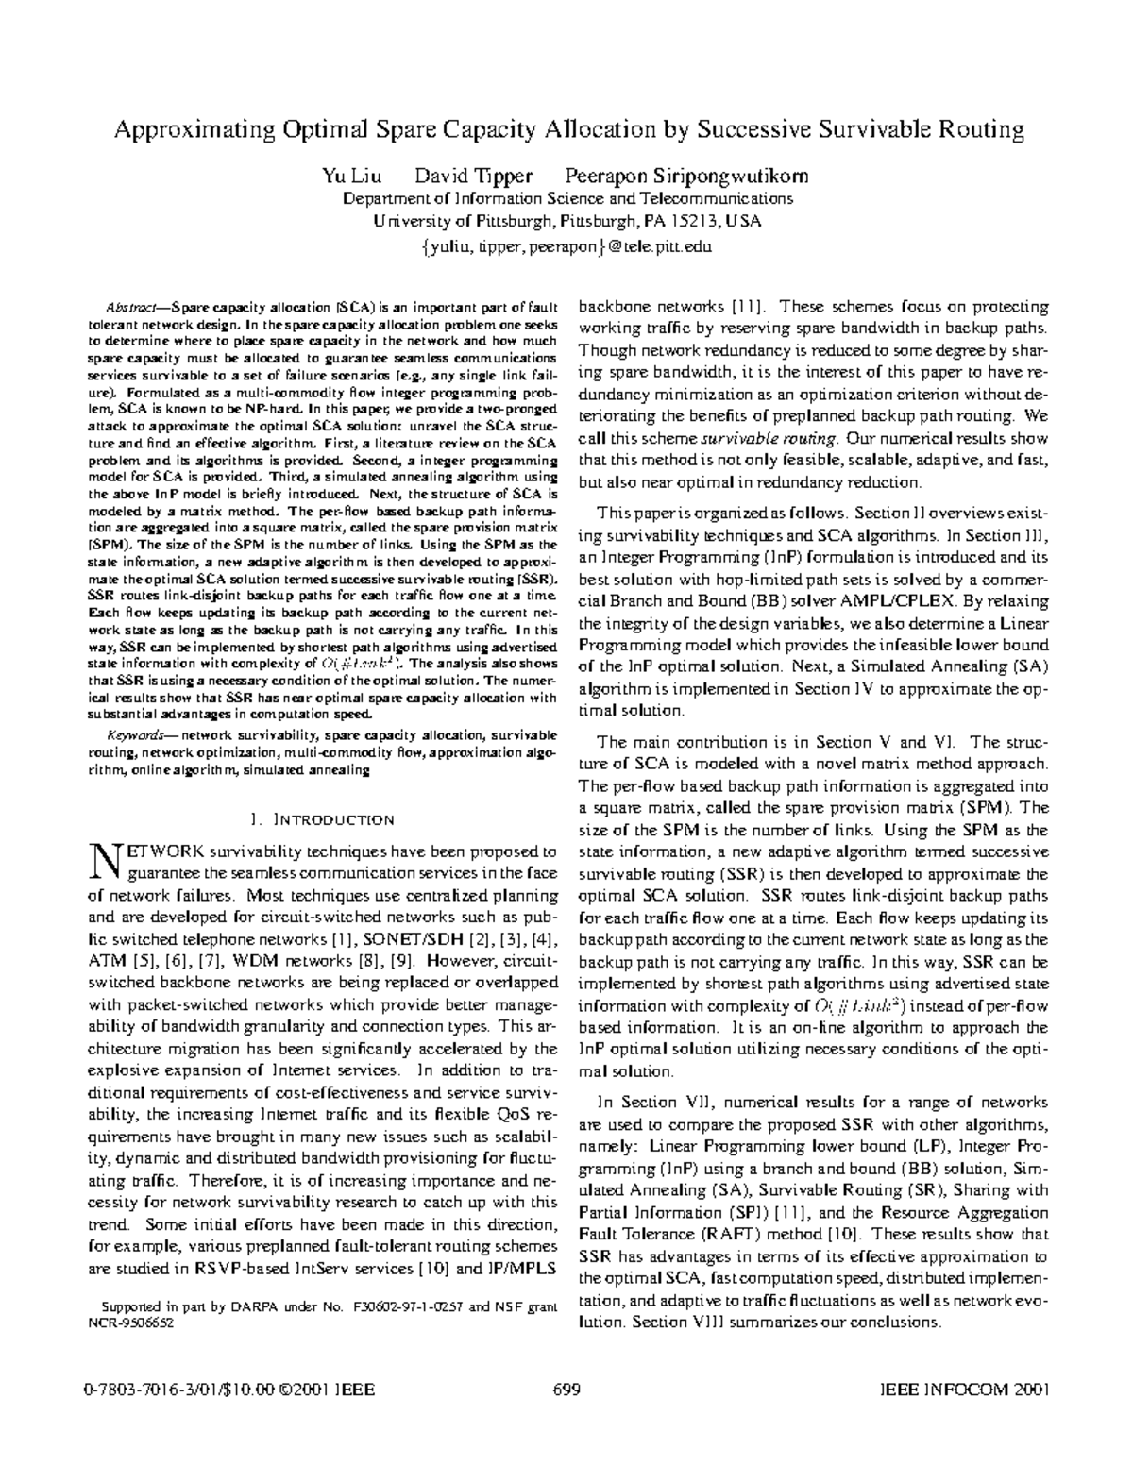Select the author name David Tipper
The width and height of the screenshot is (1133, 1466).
click(x=475, y=176)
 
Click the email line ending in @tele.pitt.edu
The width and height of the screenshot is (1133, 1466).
click(x=566, y=247)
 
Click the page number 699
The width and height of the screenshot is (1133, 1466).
click(x=566, y=1390)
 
